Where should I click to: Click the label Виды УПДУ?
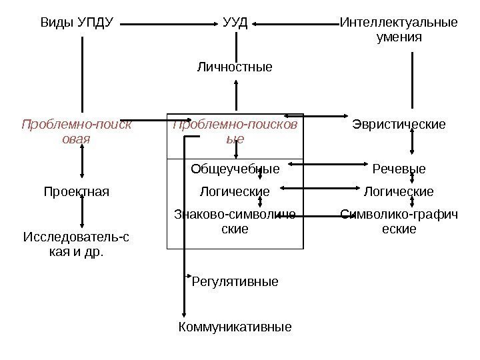pyautogui.click(x=77, y=24)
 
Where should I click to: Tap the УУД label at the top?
pyautogui.click(x=235, y=24)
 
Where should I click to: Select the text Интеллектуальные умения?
pyautogui.click(x=399, y=31)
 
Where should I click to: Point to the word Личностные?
pyautogui.click(x=235, y=67)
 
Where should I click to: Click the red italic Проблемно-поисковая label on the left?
pyautogui.click(x=76, y=131)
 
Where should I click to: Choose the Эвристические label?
pyautogui.click(x=399, y=124)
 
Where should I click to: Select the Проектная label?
pyautogui.click(x=76, y=192)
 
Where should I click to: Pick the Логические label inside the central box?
pyautogui.click(x=235, y=192)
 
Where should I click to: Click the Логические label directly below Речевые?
pyautogui.click(x=399, y=192)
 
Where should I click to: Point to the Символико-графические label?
pyautogui.click(x=399, y=221)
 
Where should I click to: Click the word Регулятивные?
pyautogui.click(x=235, y=282)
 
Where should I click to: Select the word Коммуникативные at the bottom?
pyautogui.click(x=235, y=327)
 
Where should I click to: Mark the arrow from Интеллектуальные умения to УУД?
pyautogui.click(x=297, y=25)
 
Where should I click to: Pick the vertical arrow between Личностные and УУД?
pyautogui.click(x=235, y=93)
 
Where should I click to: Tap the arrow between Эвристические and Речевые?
pyautogui.click(x=414, y=141)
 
